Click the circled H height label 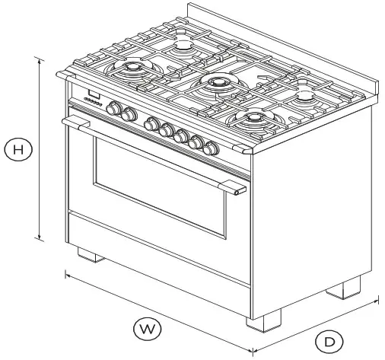tap(18, 150)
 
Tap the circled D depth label tap(329, 341)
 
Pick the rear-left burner tap(183, 46)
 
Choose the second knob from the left tap(129, 115)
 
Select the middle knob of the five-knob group tap(183, 135)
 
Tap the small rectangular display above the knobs tap(94, 97)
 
